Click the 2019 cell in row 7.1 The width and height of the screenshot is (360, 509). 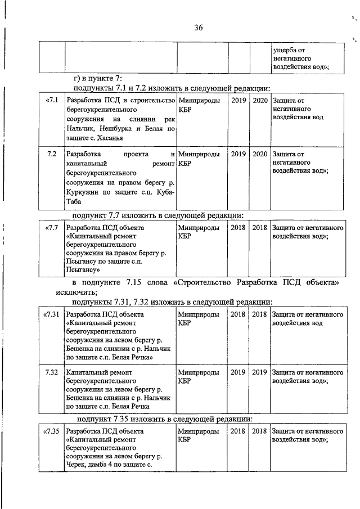point(238,101)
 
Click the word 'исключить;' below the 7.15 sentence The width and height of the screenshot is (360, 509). point(76,292)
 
